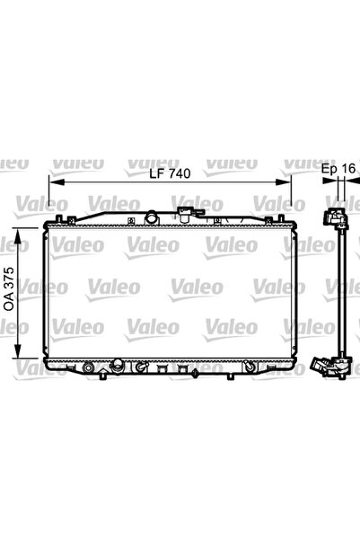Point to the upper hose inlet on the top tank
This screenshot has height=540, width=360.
coord(187,214)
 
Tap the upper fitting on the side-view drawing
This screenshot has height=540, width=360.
coord(335,218)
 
